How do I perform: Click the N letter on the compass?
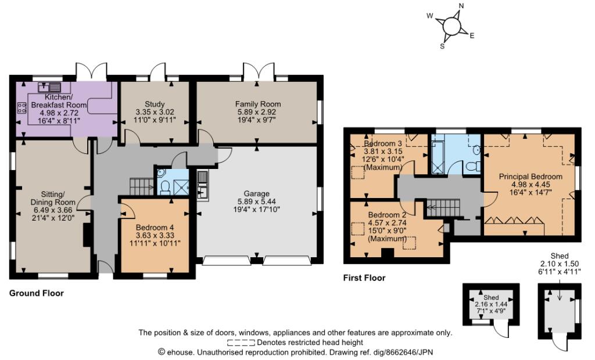point(461,7)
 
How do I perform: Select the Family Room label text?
point(258,103)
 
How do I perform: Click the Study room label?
point(155,103)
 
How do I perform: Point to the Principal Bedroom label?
point(531,177)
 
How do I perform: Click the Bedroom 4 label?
point(155,227)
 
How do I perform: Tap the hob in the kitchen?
point(22,107)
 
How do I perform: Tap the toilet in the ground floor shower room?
point(164,186)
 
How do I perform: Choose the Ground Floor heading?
point(37,293)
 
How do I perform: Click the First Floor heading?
point(364,278)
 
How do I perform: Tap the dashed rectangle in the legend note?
point(241,343)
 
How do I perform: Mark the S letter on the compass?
point(442,46)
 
